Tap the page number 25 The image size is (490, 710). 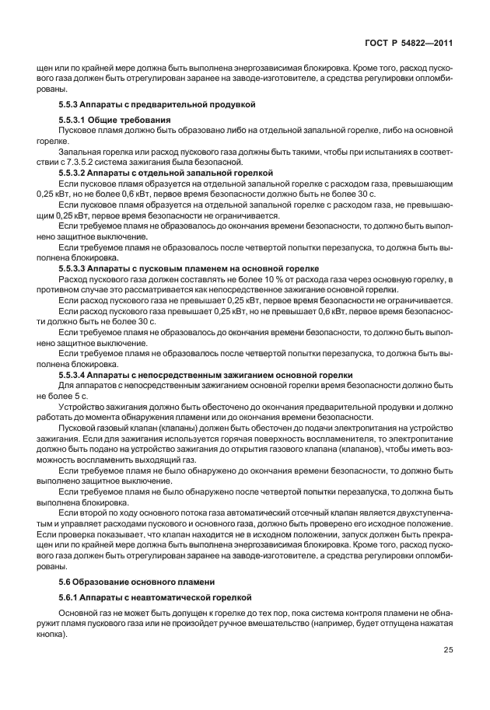(449, 650)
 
